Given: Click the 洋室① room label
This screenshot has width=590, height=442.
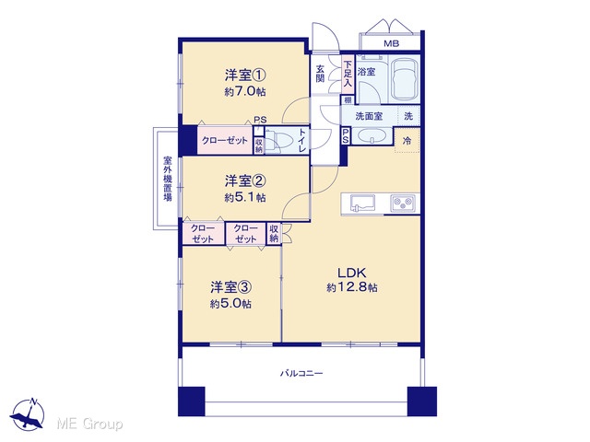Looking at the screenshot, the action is click(x=245, y=76).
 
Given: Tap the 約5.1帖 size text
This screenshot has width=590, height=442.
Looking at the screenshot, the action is click(x=245, y=197).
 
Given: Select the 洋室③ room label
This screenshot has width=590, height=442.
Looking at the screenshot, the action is click(x=230, y=287).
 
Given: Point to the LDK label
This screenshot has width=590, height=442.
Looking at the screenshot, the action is click(x=352, y=273).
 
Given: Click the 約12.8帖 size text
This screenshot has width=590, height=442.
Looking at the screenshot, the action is click(x=352, y=288).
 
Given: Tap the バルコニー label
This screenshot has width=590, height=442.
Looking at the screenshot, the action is click(x=301, y=374).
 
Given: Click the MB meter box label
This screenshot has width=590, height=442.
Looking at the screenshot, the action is click(x=391, y=43).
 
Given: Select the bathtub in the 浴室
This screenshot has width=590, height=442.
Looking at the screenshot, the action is click(x=405, y=80).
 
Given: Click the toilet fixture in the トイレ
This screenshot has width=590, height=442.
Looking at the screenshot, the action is click(x=278, y=141).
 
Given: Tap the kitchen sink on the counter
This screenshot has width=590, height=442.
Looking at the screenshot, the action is click(x=362, y=204).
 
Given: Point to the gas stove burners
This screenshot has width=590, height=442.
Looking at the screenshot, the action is click(x=405, y=204).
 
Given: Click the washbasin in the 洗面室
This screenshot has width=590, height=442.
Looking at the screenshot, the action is click(x=372, y=135).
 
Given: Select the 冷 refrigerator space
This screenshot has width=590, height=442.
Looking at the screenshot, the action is click(x=407, y=141).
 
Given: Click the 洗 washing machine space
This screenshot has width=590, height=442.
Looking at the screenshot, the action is click(x=408, y=116).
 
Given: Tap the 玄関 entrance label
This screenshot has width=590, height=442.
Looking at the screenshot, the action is click(x=320, y=74).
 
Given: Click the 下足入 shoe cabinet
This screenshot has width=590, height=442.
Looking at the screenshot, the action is click(x=348, y=74).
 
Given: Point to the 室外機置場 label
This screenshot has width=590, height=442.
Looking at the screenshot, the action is click(x=168, y=179).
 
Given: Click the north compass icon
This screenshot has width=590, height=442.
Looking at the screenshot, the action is click(x=28, y=414).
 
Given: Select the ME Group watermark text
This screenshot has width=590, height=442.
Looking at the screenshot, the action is click(x=90, y=424).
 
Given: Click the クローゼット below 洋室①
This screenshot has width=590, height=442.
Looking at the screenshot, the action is click(x=225, y=141).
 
